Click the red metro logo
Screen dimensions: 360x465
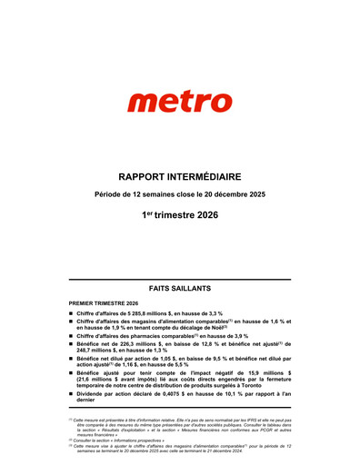tap(179, 102)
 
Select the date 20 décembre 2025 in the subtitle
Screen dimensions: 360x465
tap(233, 195)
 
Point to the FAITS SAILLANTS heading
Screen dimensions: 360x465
tap(179, 286)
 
